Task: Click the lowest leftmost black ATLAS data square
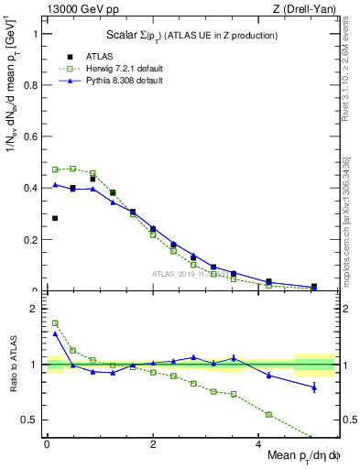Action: (x=55, y=218)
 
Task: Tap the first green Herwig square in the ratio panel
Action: (x=55, y=322)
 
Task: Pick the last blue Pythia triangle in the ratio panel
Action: (x=314, y=387)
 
